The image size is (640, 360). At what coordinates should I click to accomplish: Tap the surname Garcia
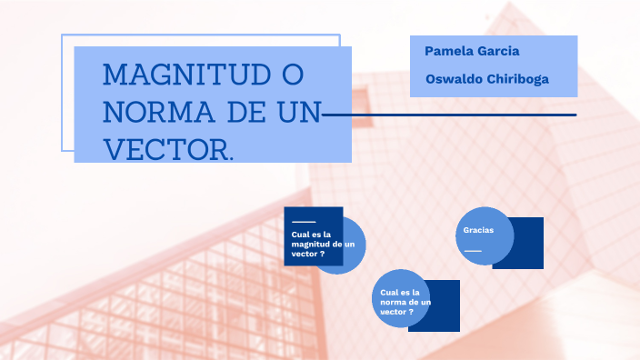tap(499, 51)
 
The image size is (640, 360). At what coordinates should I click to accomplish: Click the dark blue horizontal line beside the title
tap(455, 115)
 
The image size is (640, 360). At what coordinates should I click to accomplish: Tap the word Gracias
tap(478, 230)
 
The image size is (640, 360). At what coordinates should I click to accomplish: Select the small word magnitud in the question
tap(311, 245)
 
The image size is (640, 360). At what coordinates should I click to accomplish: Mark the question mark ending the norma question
tap(412, 312)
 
